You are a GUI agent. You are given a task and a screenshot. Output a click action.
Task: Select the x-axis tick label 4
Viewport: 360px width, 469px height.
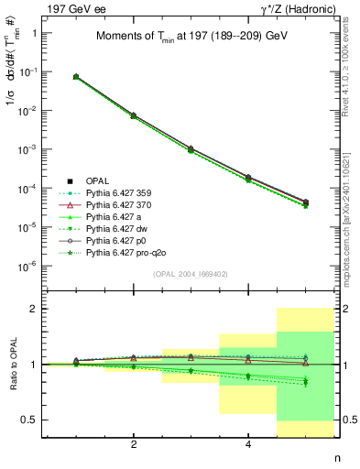coord(248,444)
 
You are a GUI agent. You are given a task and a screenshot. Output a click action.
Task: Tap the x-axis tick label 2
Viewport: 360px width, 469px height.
coord(134,444)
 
